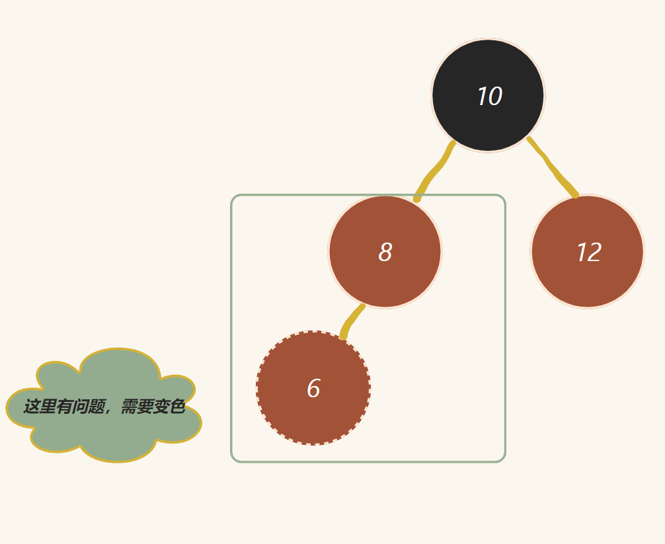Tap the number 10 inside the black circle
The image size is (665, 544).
click(x=489, y=97)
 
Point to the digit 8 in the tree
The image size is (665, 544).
click(x=385, y=253)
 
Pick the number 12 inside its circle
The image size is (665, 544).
click(x=588, y=253)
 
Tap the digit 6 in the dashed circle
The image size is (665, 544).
click(x=313, y=389)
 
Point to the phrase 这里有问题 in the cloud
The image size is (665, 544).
click(x=63, y=407)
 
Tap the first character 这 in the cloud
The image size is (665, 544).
click(x=31, y=407)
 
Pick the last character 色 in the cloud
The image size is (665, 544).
click(x=177, y=407)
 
